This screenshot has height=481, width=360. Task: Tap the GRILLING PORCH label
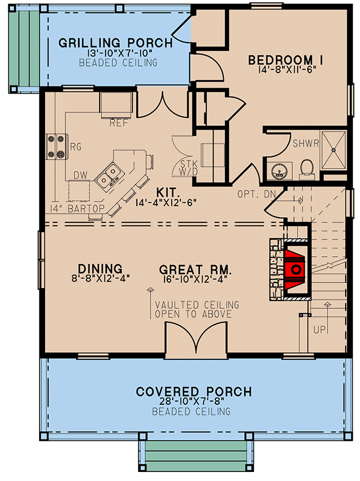[x=115, y=43]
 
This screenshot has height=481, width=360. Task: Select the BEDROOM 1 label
[x=286, y=59]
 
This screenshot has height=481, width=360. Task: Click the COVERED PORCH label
[x=193, y=392]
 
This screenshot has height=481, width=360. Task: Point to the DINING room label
[x=100, y=268]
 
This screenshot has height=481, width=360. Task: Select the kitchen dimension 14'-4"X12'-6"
[x=166, y=202]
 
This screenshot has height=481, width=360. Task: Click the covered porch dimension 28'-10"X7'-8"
[x=193, y=402]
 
